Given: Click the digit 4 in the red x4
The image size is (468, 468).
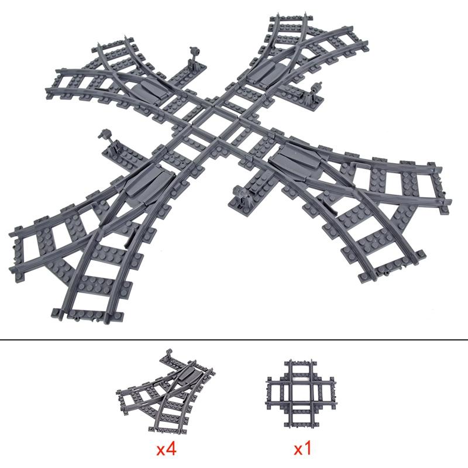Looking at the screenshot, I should pos(170,450).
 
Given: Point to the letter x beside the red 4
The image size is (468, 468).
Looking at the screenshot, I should pos(160,451).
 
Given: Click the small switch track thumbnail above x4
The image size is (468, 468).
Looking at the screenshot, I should pos(166,390).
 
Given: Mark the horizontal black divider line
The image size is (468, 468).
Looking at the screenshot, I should pos(234,340).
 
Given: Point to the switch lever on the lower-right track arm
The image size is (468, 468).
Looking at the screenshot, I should pos(240,195).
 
